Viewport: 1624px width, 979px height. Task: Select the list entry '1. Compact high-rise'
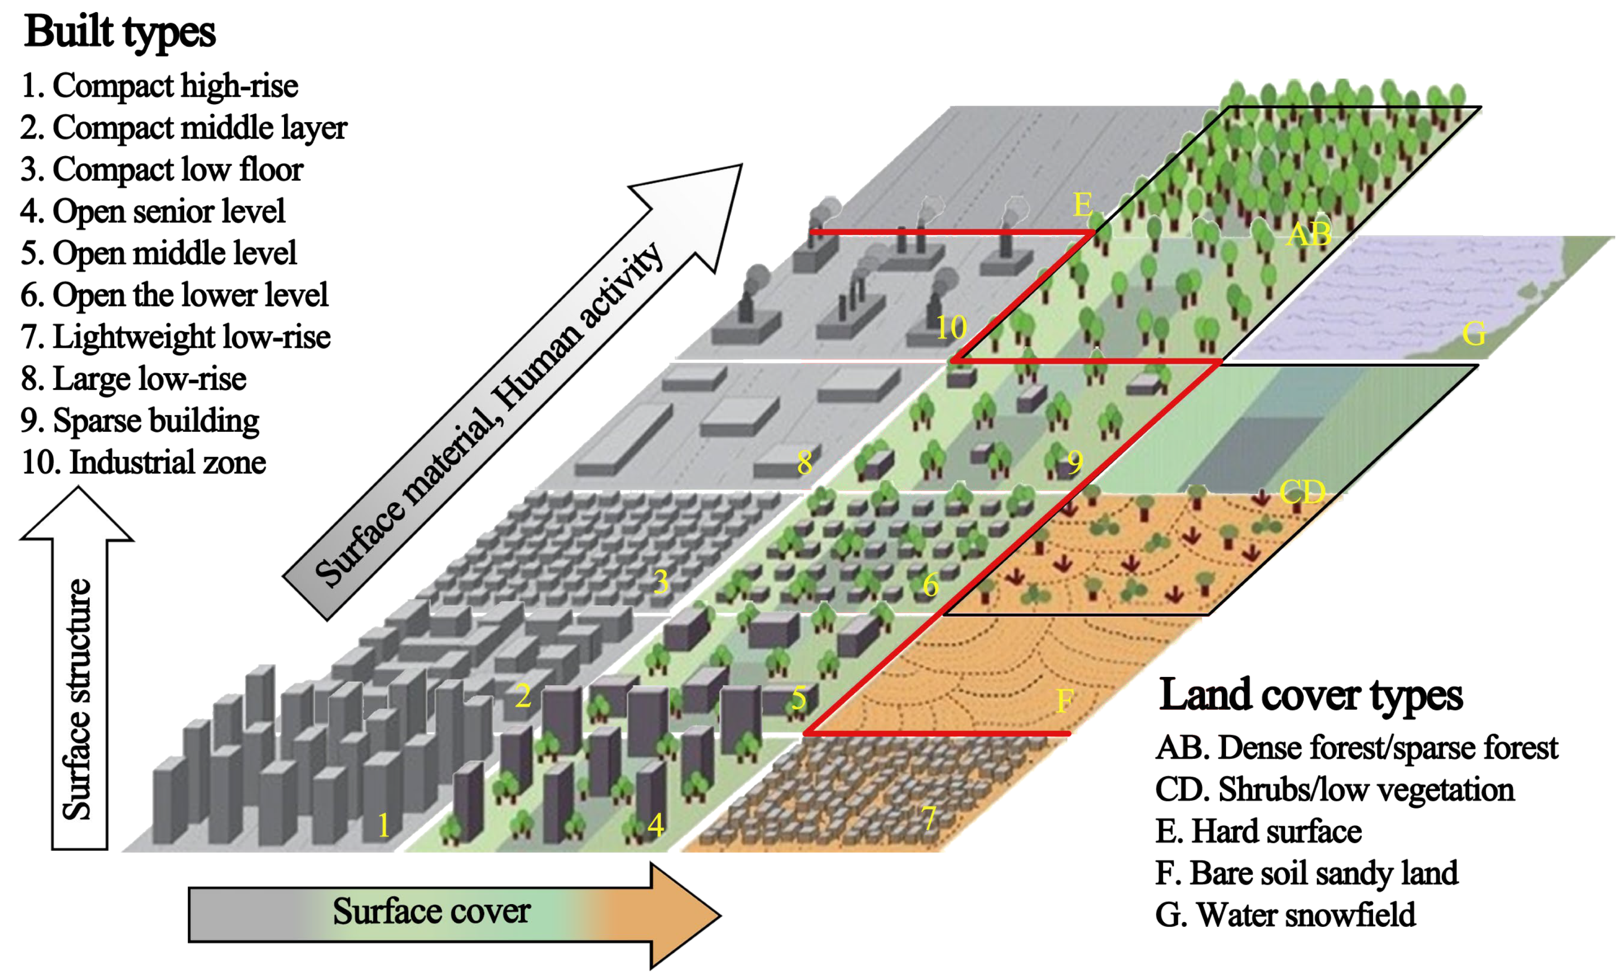[x=160, y=86]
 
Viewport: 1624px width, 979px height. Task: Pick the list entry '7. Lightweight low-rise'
[x=175, y=337]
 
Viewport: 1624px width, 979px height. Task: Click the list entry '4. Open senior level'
[x=153, y=212]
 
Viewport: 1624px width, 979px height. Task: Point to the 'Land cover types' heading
[x=1310, y=695]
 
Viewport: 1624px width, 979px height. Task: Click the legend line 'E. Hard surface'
[x=1258, y=831]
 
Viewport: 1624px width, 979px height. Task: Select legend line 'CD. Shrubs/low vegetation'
[x=1335, y=790]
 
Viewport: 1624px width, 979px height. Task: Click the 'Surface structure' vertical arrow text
[x=77, y=699]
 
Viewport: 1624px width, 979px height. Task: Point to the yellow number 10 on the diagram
[x=951, y=328]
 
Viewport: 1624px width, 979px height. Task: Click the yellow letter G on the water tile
[x=1474, y=334]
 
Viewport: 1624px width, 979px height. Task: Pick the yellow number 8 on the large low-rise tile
[x=804, y=463]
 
